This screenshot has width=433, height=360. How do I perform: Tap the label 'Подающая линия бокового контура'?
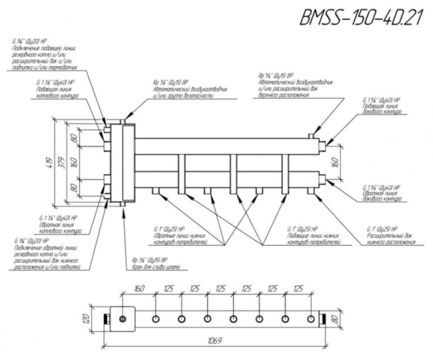tap(386, 109)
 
